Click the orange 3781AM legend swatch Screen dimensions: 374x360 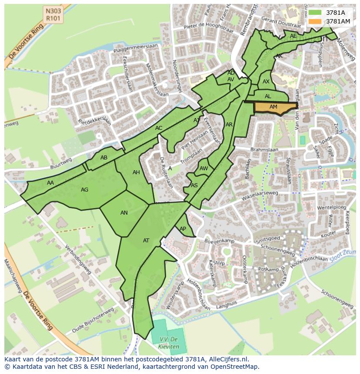tap(316, 21)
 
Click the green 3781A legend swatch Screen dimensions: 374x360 tap(316, 13)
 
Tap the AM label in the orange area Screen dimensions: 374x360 tap(273, 107)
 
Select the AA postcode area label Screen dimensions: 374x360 tap(50, 183)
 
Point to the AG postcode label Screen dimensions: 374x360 tap(84, 190)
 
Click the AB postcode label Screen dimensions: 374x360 tap(104, 158)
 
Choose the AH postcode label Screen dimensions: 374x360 tap(136, 172)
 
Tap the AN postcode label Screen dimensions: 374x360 tap(124, 213)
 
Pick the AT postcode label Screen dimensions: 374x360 tap(146, 241)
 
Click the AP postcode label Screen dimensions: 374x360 tap(183, 229)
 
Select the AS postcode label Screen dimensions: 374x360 tap(194, 185)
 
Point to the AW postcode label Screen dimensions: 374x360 tap(204, 169)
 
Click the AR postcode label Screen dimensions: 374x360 tap(229, 125)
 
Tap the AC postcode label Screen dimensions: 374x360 tap(159, 128)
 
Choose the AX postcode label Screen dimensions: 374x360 tap(266, 82)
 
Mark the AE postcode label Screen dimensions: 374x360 tap(293, 36)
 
